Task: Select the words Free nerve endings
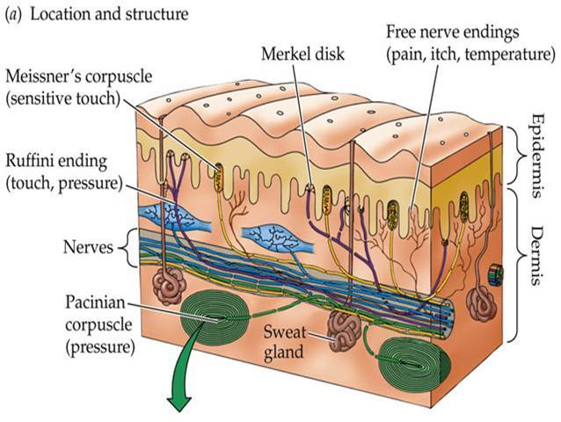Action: [445, 33]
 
